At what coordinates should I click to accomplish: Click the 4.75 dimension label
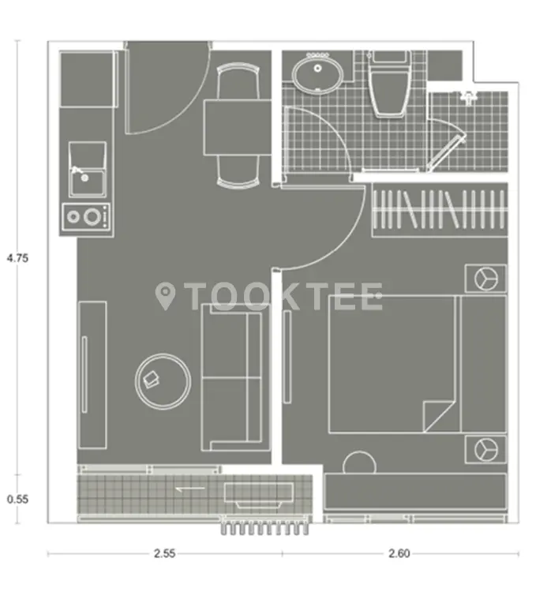point(17,258)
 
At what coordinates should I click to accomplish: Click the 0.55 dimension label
point(17,499)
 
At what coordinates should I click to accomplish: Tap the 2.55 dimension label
point(164,553)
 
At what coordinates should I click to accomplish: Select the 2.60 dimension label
point(399,553)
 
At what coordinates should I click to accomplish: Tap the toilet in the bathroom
point(390,84)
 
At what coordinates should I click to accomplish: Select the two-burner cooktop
point(87,217)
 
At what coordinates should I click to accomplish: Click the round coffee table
point(163,381)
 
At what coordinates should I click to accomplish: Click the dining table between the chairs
point(238,127)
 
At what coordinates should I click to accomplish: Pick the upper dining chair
point(238,81)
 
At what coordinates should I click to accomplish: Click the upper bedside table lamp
point(486,279)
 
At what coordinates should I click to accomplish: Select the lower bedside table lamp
point(486,450)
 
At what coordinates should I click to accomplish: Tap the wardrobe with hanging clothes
point(440,210)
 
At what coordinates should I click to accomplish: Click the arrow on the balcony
point(190,489)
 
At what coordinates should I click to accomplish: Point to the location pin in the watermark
point(165,296)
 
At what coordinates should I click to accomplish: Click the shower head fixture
point(469,97)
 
